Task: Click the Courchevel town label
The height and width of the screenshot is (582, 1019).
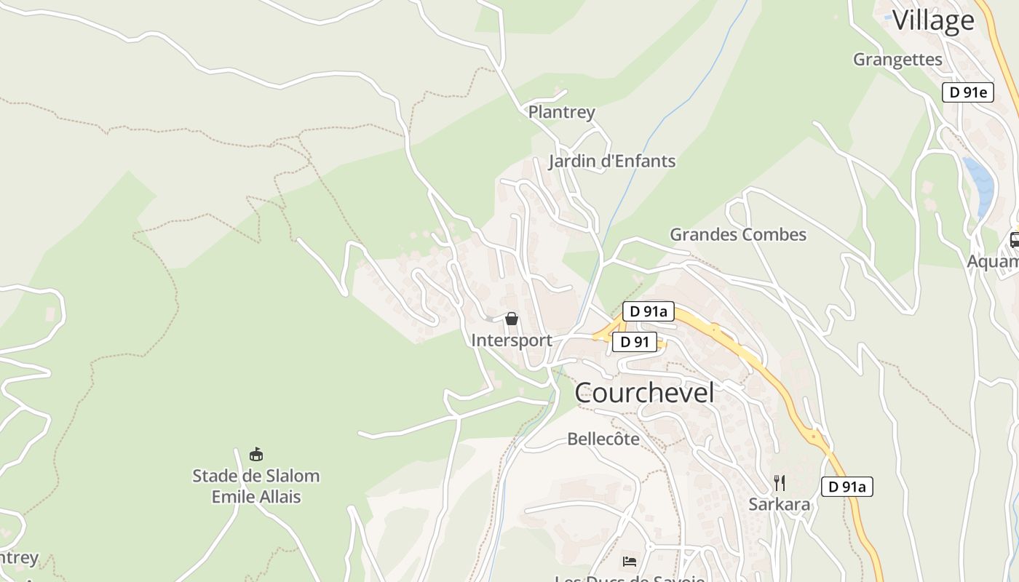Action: [644, 393]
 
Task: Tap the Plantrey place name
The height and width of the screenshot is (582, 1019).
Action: [561, 112]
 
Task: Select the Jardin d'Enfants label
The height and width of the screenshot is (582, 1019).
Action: [612, 161]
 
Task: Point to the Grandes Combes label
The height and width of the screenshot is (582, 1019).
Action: [738, 234]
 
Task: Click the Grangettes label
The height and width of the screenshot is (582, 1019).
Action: [897, 59]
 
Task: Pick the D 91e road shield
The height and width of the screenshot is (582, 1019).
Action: [967, 92]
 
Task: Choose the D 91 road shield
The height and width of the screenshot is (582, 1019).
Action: [634, 342]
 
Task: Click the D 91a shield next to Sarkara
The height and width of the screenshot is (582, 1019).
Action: [846, 487]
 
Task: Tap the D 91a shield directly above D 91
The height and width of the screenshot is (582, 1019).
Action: [648, 311]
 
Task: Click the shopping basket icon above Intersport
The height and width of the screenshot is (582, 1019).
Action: [512, 319]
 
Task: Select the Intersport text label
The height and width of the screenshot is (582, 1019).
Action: [512, 340]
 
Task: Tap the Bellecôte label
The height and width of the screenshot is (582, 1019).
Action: [603, 439]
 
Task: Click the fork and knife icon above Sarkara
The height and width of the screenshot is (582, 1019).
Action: [780, 482]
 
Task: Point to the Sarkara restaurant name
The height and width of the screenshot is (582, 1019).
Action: [780, 504]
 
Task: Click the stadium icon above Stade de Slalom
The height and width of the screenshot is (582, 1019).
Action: [255, 455]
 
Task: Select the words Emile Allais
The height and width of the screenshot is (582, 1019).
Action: [255, 497]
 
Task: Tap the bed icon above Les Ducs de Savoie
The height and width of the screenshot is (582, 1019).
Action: [630, 561]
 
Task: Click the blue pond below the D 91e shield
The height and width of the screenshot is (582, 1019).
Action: [980, 186]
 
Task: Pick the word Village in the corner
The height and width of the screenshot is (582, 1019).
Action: [932, 20]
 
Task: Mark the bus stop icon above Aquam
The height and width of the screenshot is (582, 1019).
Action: [1014, 239]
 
